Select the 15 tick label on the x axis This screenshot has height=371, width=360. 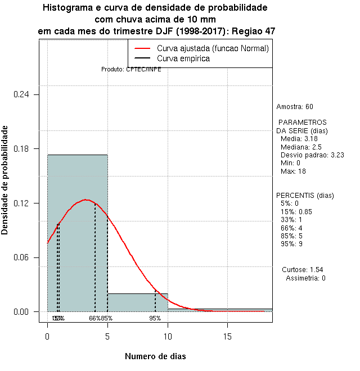click(227, 336)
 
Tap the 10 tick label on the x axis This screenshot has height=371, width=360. click(168, 336)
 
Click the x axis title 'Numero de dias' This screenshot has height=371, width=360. click(155, 356)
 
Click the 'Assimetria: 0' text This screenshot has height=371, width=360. click(305, 278)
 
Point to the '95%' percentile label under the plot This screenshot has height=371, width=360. click(155, 318)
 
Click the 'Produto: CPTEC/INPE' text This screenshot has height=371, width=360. click(131, 69)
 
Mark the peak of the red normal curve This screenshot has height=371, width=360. click(85, 200)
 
